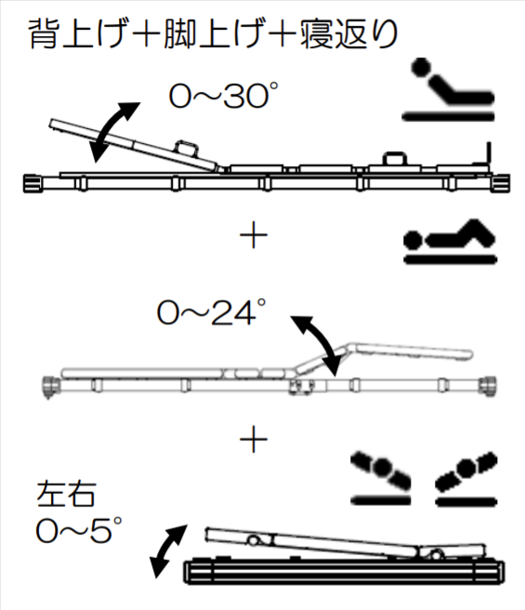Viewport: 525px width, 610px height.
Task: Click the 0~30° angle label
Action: (224, 95)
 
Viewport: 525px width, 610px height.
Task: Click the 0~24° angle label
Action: (212, 312)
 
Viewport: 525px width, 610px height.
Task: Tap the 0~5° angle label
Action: (79, 530)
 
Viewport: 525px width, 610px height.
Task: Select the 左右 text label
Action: (66, 494)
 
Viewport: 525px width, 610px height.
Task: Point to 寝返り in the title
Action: (348, 33)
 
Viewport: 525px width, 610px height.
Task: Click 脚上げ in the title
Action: (213, 33)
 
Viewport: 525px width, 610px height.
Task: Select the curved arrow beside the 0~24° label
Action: (318, 343)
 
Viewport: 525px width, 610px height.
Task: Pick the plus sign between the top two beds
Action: (254, 235)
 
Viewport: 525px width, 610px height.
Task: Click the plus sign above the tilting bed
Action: (254, 439)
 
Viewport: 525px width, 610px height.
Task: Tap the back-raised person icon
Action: (448, 89)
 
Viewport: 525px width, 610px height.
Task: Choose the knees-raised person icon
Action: (451, 241)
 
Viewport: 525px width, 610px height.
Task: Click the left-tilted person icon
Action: (381, 478)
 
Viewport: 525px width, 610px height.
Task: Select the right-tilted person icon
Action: (466, 478)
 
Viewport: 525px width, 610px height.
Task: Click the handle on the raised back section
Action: (187, 147)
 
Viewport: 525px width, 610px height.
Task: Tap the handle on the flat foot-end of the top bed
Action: (395, 158)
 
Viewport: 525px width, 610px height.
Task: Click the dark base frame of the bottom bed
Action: (344, 572)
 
